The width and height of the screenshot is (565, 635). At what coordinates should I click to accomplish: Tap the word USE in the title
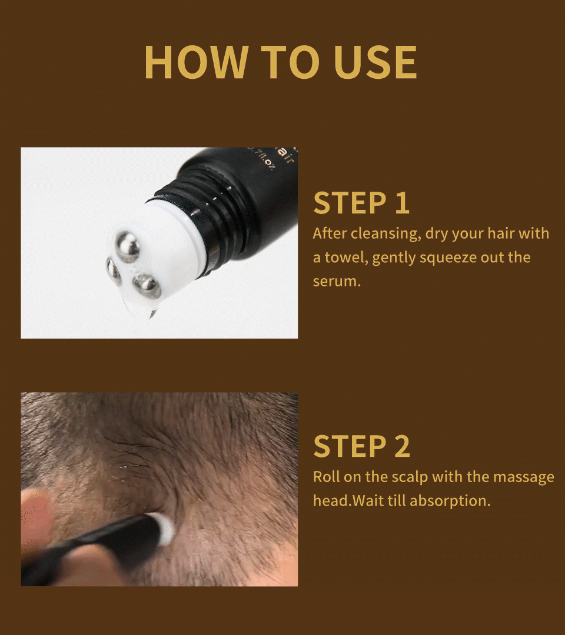coord(375,61)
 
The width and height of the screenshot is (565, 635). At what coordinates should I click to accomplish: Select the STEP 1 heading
coord(361,203)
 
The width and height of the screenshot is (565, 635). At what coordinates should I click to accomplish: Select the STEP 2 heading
coord(361,446)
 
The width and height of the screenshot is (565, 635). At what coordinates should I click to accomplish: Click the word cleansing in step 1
coord(385,233)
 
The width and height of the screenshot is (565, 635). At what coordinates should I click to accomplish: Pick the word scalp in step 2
coord(407,476)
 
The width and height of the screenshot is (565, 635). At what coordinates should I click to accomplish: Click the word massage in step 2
coord(523,476)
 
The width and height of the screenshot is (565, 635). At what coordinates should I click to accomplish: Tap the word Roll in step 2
coord(324,476)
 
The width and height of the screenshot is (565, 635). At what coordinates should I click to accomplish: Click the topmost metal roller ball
coord(127,246)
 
